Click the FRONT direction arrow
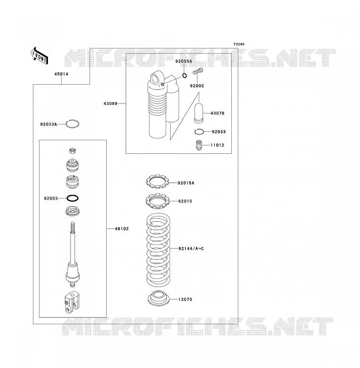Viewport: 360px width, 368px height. pos(39,56)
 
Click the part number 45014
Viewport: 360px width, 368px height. pos(62,74)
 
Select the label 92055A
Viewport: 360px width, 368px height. pos(184,61)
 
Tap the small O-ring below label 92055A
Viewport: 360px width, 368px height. pos(185,76)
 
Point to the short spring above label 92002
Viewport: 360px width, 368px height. pos(198,71)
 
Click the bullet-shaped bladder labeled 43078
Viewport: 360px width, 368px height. pos(199,112)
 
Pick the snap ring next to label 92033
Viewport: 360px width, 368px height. pos(199,132)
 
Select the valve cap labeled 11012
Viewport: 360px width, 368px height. pos(199,145)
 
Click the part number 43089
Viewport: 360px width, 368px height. pos(110,104)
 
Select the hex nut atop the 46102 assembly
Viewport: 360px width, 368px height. pos(73,151)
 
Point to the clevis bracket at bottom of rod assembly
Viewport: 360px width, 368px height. pos(72,302)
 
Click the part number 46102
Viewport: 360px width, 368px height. pos(122,229)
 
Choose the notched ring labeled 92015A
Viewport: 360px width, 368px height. pos(157,182)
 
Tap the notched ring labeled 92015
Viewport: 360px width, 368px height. pos(157,201)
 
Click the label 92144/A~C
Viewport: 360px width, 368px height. pos(191,248)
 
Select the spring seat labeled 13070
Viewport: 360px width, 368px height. pos(159,298)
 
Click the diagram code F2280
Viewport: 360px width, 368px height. pos(239,44)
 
